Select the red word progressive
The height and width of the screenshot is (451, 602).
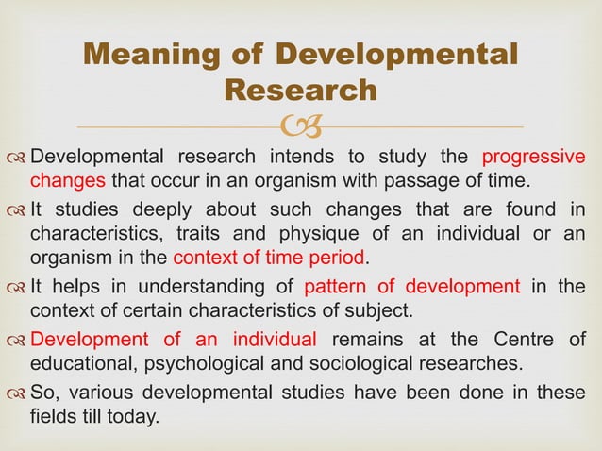pos(533,157)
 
